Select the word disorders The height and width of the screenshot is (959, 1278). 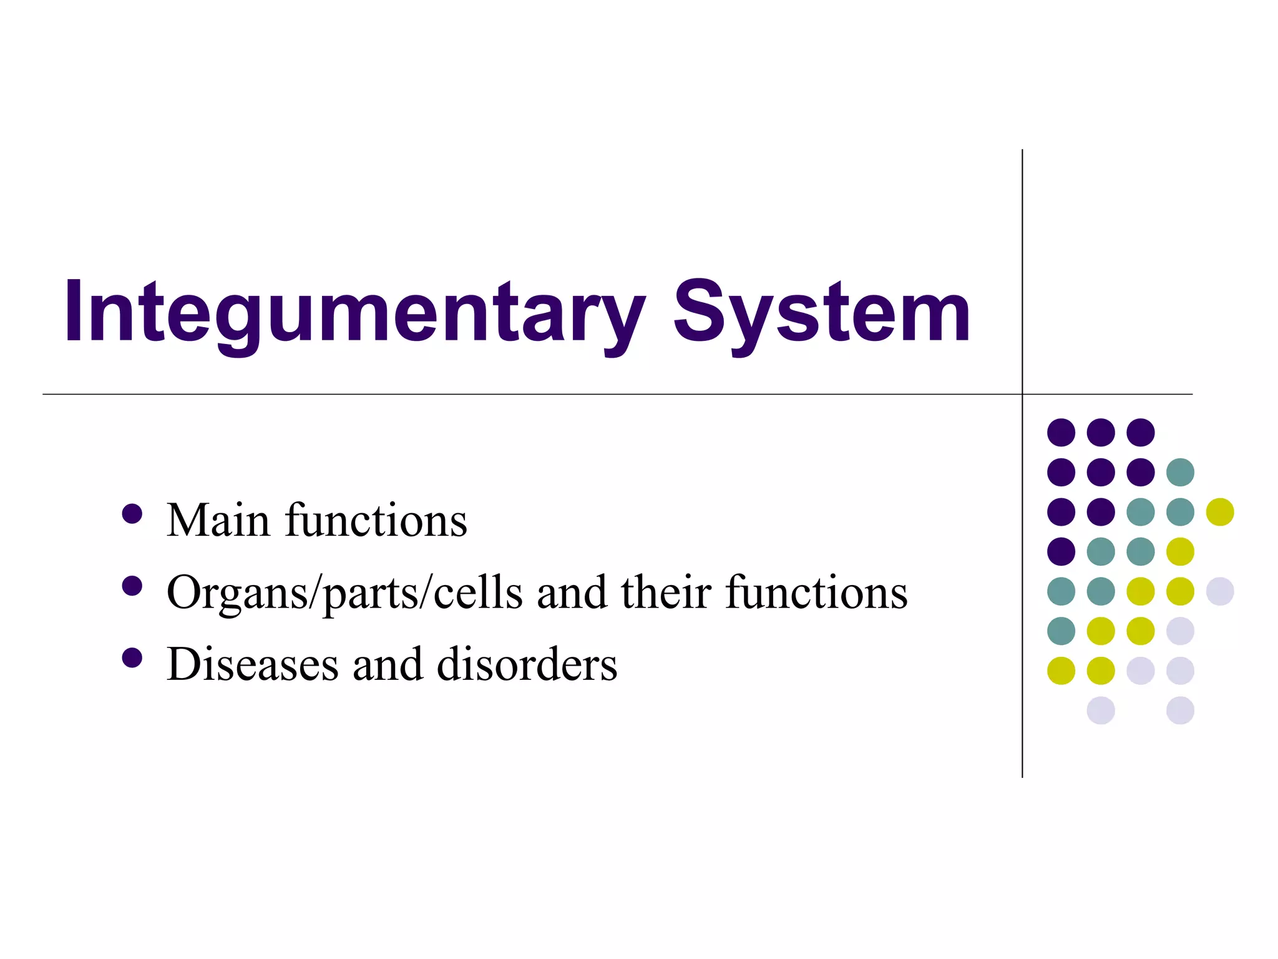[527, 664]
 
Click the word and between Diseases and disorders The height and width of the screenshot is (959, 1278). [388, 664]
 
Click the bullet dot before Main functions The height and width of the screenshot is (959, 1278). [132, 514]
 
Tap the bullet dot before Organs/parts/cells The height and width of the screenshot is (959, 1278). [132, 586]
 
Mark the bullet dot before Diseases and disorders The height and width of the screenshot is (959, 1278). [132, 658]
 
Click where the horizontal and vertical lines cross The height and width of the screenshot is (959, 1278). [1022, 394]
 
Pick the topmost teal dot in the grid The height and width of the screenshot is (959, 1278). [1180, 472]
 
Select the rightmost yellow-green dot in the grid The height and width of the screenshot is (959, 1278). [1220, 512]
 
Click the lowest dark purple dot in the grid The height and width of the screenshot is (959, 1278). [1061, 551]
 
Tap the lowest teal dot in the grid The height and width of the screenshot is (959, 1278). [1061, 631]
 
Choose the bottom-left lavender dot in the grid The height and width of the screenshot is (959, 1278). [1101, 711]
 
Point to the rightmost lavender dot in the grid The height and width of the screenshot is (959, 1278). [1220, 591]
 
